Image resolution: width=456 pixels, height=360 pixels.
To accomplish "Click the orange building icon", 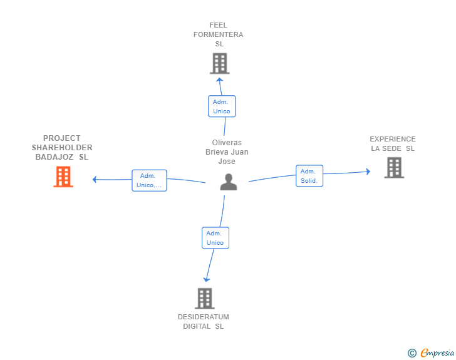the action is (63, 177).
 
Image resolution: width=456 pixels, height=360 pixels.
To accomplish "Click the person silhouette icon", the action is (229, 182).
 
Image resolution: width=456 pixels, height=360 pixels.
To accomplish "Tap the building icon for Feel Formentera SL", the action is (220, 63).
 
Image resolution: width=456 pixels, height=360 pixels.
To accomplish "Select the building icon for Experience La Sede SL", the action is (394, 168).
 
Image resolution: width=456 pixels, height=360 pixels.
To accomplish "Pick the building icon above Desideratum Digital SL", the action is (205, 299).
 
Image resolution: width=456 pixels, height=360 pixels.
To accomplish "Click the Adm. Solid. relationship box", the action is (309, 176).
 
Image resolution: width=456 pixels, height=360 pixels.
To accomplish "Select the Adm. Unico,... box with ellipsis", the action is (149, 180).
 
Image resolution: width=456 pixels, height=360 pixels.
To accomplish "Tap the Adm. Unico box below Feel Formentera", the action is (222, 106).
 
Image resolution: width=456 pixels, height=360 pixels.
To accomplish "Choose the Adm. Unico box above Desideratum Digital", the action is (215, 238).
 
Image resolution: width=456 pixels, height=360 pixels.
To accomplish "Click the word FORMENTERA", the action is (219, 34).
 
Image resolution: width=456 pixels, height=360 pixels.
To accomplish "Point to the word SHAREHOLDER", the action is (62, 147).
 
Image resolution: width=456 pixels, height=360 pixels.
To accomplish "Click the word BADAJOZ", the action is (54, 157).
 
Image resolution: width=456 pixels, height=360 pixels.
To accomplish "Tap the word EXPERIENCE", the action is (393, 139).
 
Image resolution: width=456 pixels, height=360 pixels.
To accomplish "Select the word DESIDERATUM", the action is (204, 317).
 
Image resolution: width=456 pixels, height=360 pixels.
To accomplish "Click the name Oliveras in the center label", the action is (227, 143).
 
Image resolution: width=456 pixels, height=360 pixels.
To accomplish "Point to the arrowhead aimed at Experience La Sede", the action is (368, 172).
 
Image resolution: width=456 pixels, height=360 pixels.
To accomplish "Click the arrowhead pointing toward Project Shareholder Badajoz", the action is (94, 180).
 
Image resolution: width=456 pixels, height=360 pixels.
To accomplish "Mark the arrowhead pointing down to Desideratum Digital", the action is (207, 280).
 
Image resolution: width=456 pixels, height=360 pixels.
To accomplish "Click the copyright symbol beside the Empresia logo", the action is (412, 353).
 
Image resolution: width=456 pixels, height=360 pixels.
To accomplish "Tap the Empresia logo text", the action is (437, 353).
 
